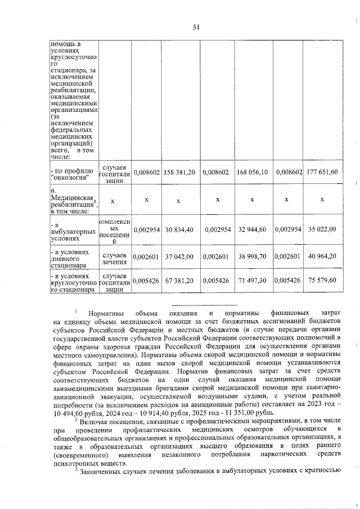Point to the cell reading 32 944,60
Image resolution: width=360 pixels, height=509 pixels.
pos(252,229)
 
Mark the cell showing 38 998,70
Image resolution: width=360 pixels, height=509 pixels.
pos(252,256)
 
